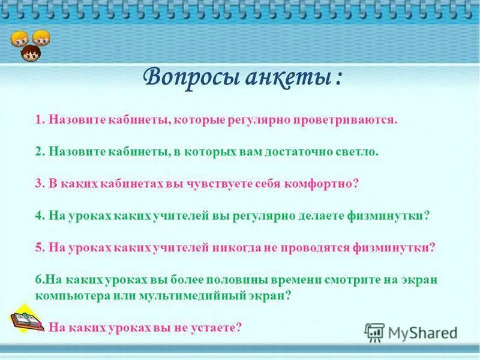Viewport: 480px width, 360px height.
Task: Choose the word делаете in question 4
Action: [321, 216]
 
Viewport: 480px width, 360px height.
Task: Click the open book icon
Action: [27, 319]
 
